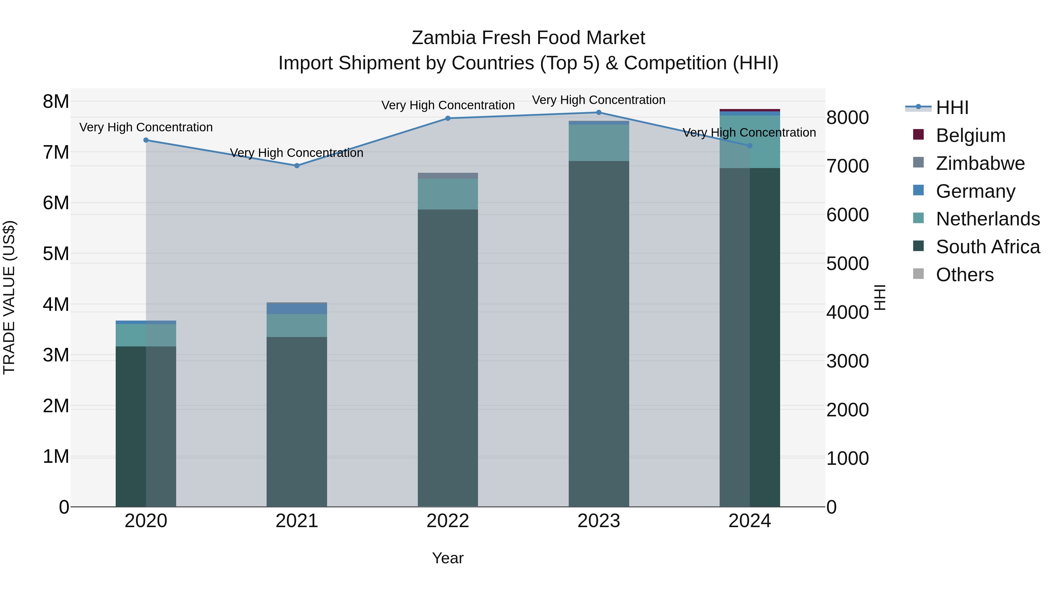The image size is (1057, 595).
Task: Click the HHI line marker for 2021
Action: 297,165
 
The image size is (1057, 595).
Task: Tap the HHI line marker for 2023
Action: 599,113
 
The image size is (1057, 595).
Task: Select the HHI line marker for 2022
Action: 448,118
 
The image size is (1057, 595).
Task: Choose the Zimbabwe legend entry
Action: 980,163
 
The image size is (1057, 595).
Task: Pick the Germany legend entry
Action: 975,191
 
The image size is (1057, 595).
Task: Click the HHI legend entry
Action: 952,108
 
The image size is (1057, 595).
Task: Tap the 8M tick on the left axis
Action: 56,101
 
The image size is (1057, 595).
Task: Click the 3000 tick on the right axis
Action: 847,361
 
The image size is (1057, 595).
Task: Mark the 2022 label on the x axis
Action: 448,521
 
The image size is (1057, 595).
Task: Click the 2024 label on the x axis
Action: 750,521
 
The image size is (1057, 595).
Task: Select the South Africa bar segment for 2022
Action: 448,357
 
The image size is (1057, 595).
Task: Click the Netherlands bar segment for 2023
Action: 599,143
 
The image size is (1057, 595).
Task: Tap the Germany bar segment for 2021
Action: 297,309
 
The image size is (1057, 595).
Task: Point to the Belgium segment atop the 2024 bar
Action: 750,110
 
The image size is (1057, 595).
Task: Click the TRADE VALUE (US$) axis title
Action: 9,297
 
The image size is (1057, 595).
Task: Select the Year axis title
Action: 448,558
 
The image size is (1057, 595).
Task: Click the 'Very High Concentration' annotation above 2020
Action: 146,127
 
